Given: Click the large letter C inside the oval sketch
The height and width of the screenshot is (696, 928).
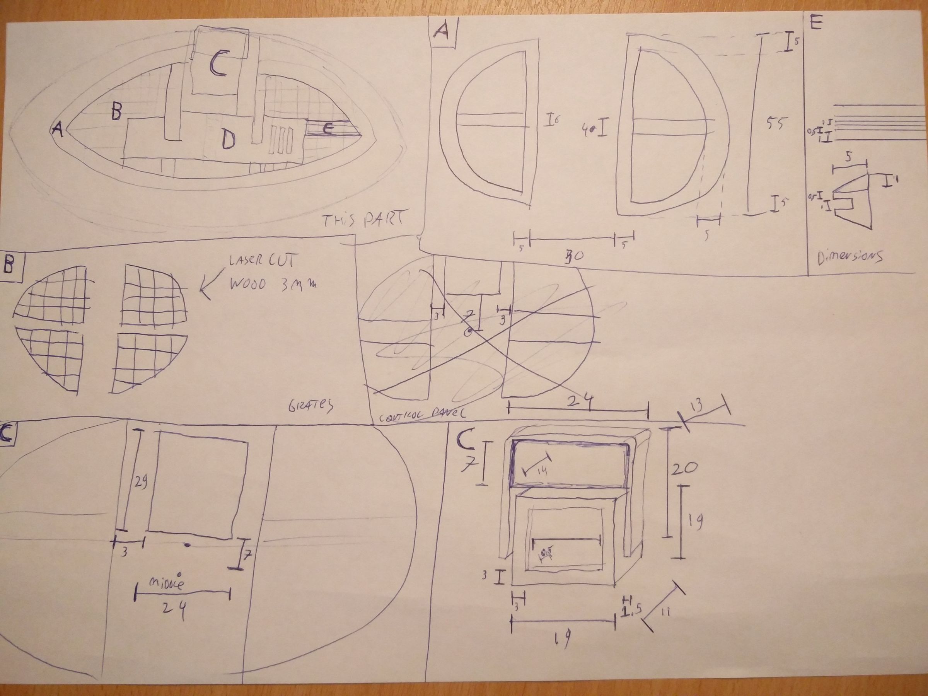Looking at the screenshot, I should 219,64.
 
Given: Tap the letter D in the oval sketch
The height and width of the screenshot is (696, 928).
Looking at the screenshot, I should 228,140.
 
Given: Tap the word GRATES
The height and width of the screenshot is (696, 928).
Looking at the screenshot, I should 311,405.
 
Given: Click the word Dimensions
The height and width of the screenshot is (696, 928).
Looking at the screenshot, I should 850,257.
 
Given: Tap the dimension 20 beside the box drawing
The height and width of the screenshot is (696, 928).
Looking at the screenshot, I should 684,468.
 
